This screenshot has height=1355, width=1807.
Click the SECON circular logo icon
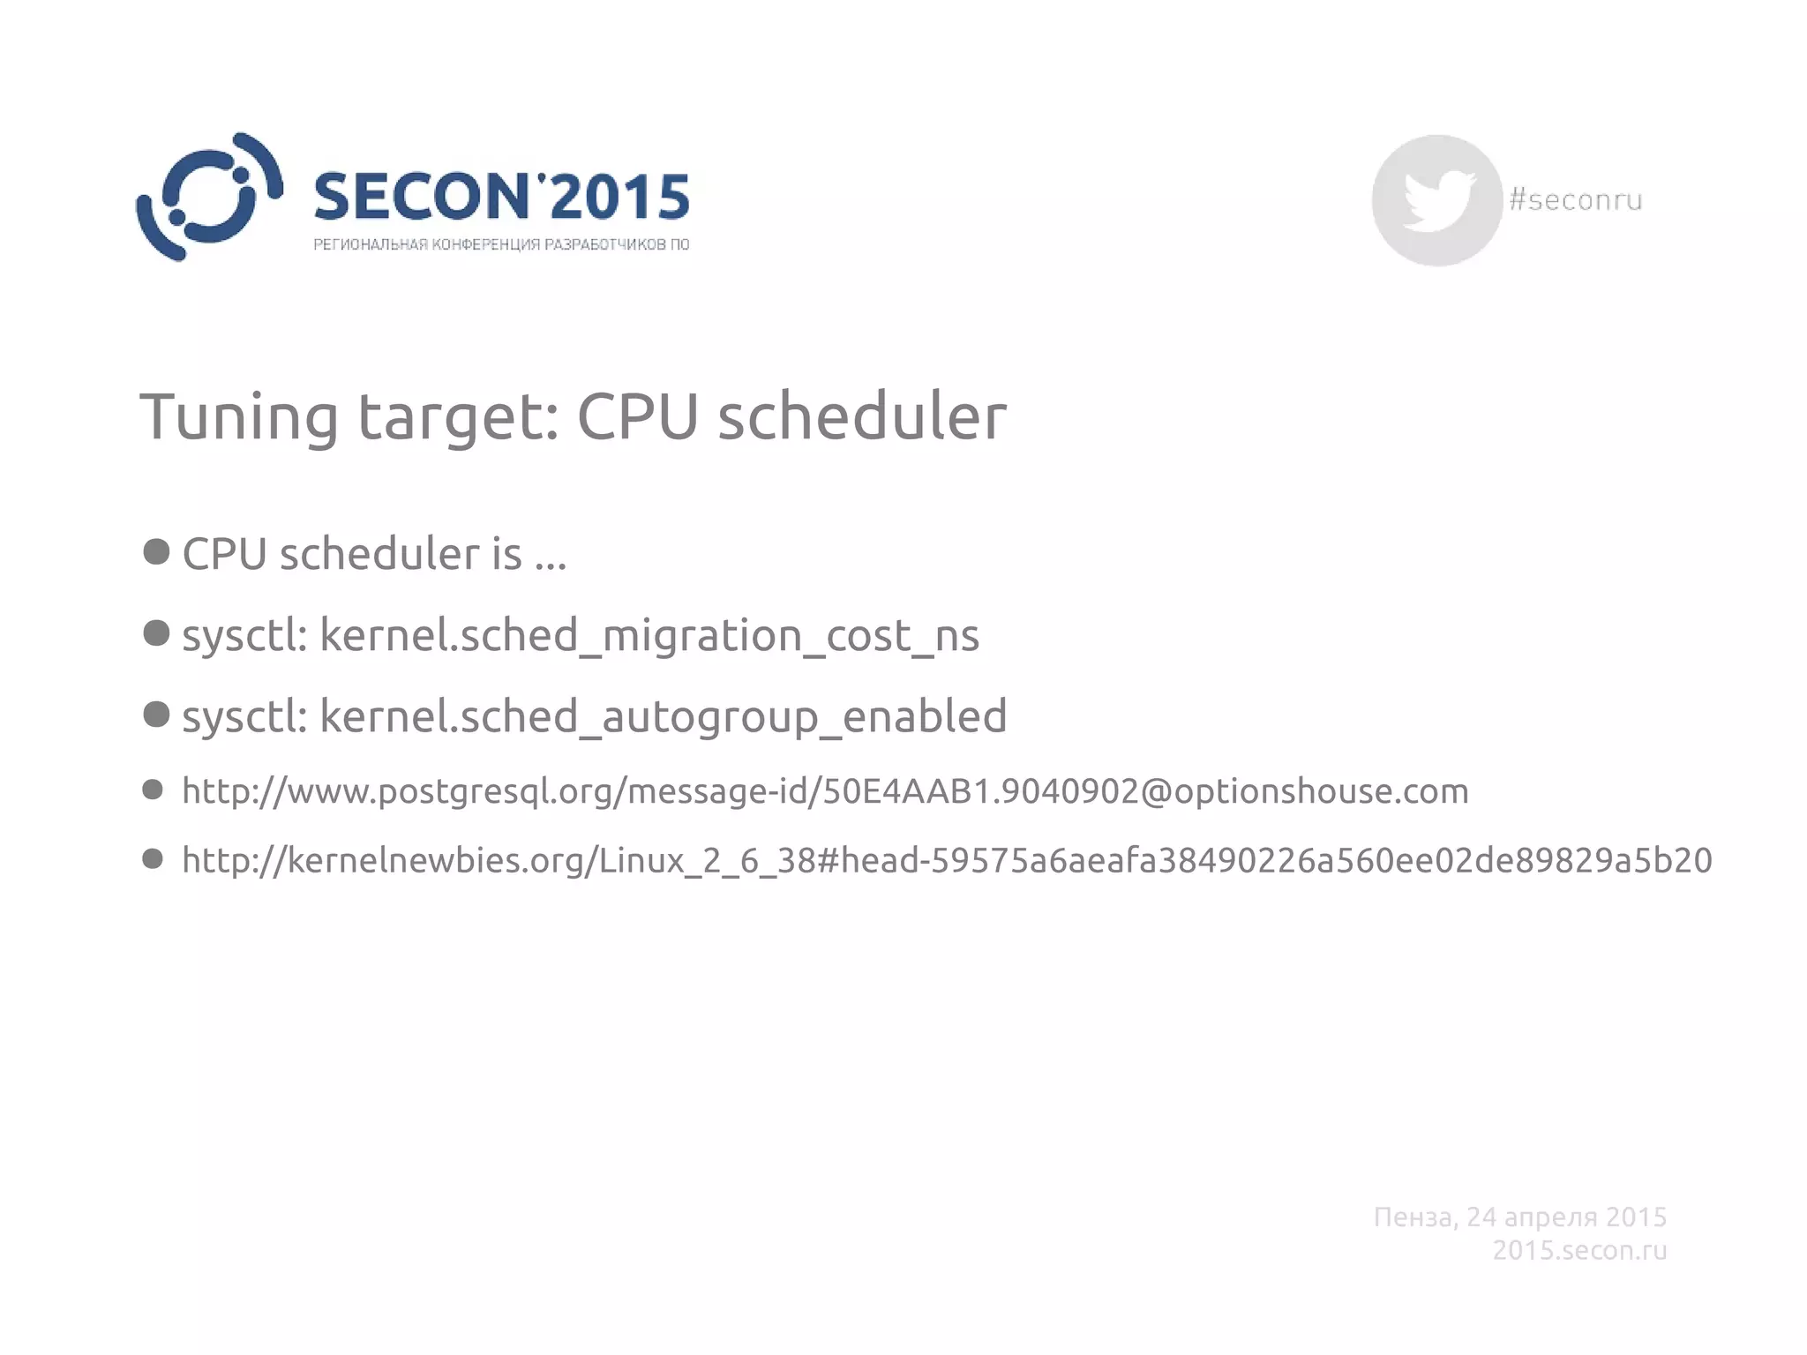(209, 197)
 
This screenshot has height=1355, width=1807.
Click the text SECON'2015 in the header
(500, 196)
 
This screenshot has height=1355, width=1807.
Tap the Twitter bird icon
(1437, 200)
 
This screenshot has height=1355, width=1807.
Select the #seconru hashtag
(1575, 200)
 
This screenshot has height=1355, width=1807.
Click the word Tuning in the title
(238, 416)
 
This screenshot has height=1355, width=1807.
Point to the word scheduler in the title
(861, 416)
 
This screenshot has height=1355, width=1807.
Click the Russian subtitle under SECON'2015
(500, 244)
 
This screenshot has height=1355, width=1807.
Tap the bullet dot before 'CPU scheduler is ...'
(156, 552)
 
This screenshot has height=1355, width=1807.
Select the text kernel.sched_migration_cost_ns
(649, 635)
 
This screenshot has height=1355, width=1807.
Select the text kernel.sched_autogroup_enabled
(663, 715)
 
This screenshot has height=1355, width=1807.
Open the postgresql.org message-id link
(825, 791)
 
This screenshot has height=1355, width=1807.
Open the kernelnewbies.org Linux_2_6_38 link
(946, 860)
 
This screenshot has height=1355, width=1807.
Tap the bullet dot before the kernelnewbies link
(153, 858)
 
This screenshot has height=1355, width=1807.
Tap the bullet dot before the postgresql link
(153, 790)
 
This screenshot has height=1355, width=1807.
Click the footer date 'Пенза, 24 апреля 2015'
(1519, 1217)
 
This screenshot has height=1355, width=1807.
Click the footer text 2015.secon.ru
(1579, 1250)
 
